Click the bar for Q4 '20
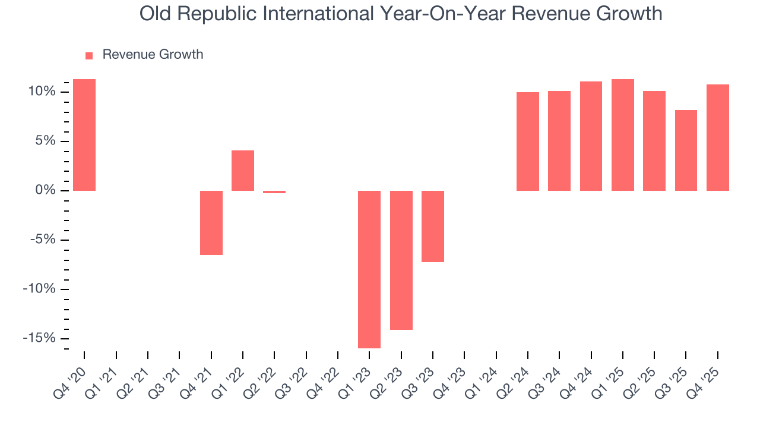tap(84, 135)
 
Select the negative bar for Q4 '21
tap(211, 222)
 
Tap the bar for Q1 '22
tap(243, 171)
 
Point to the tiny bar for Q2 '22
tap(274, 192)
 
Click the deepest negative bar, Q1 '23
tap(369, 269)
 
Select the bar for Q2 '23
tap(401, 260)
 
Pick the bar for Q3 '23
tap(433, 226)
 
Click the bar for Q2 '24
tap(528, 141)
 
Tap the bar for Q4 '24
tap(591, 136)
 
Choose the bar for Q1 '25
tap(623, 135)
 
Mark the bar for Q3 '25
tap(686, 150)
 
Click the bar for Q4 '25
tap(718, 137)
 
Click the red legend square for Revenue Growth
tap(89, 55)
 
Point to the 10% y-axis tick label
tap(40, 92)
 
